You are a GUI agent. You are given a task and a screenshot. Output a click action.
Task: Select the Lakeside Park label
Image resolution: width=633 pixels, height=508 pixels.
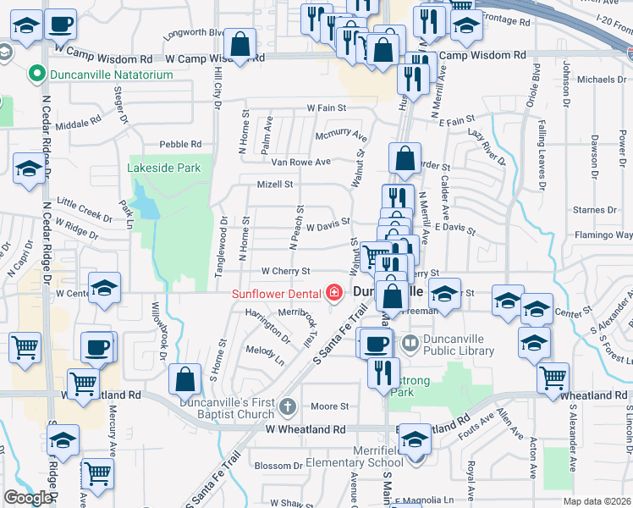point(164,168)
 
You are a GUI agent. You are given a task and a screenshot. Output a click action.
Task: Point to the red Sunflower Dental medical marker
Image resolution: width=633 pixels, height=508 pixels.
point(335,294)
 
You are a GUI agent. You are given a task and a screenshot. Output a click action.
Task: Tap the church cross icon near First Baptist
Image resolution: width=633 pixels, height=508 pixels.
point(287,408)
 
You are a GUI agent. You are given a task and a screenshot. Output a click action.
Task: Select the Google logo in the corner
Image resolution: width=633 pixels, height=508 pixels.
point(28,498)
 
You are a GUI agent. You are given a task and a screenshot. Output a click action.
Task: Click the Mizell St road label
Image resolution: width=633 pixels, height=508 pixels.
point(275,184)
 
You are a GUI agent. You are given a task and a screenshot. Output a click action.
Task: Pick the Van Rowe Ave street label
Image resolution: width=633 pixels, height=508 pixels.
point(300,161)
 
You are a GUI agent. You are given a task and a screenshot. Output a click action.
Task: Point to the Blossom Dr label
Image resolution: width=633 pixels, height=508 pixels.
point(278,466)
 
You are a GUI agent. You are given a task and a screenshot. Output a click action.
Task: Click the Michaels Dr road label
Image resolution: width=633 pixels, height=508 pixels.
point(602,80)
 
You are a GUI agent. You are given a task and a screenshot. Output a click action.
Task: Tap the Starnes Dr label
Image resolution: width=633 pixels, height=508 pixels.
point(587,209)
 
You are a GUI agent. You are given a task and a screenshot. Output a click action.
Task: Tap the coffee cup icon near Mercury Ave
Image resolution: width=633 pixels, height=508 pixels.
point(96,347)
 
